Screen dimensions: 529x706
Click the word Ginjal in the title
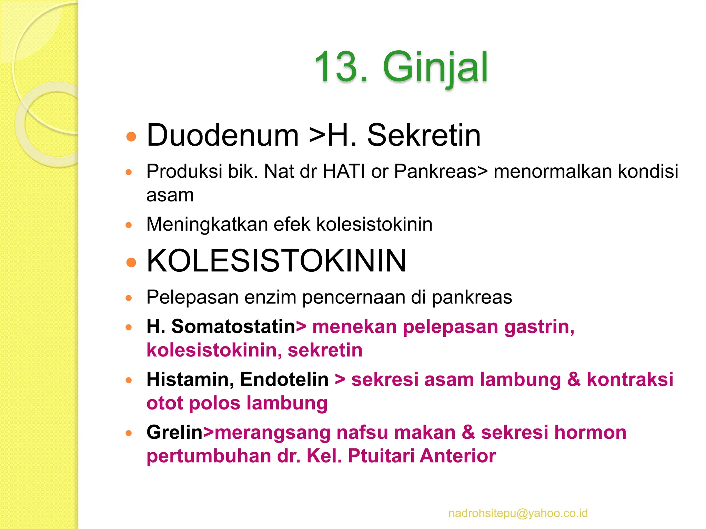435,67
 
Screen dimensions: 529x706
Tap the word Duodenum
222,135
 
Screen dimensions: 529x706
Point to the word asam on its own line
170,195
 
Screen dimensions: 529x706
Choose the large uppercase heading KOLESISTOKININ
276,261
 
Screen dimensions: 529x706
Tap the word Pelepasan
192,297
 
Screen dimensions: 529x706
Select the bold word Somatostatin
233,326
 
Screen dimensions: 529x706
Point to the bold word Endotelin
284,379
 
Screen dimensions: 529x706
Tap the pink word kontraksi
630,379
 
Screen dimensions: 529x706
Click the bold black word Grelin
174,432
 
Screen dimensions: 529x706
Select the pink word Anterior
458,456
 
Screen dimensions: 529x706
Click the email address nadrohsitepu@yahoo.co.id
518,513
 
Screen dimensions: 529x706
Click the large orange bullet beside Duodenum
131,137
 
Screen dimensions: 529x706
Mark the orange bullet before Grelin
129,433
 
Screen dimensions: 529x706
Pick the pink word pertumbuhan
209,456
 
